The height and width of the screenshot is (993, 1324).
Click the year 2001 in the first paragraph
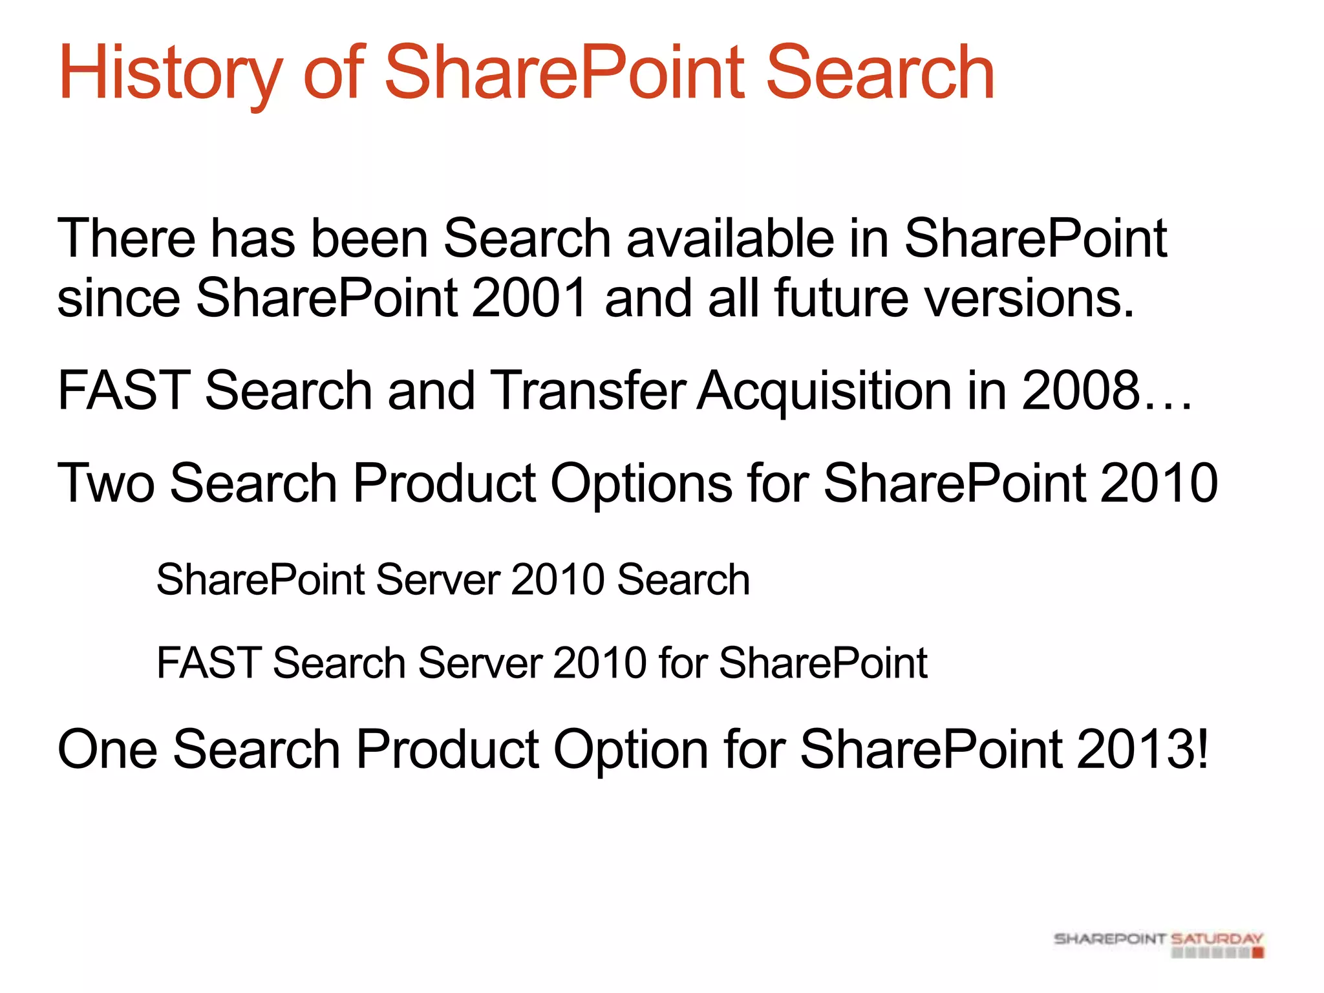(529, 297)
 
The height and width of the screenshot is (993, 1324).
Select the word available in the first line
(731, 238)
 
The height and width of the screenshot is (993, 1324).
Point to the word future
(841, 297)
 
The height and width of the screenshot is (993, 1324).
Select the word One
(107, 749)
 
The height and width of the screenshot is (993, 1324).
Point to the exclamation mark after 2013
(1202, 749)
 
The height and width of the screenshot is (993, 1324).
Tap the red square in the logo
(1257, 952)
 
